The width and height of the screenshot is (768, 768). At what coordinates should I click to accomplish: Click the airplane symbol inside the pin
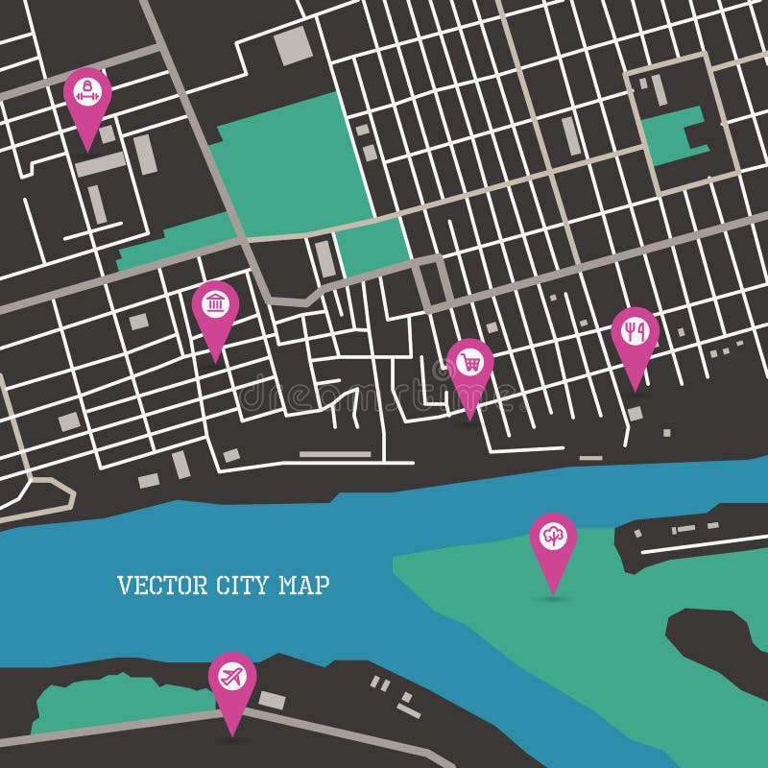232,676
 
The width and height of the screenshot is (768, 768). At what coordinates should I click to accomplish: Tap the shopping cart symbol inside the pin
469,362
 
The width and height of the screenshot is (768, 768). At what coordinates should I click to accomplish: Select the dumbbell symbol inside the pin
87,92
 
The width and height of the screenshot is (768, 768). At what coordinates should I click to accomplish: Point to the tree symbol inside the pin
553,536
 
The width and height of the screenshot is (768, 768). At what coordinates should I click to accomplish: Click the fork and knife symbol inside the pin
635,330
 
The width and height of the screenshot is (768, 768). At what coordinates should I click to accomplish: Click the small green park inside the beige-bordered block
672,135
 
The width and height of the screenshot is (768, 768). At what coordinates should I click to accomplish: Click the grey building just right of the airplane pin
272,701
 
